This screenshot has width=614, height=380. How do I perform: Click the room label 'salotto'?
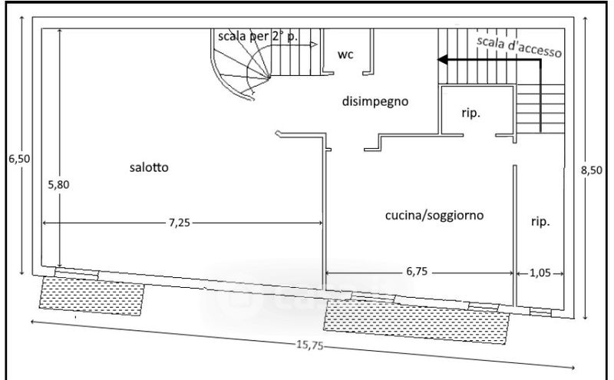149,167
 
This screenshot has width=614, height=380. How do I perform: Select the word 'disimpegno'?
374,101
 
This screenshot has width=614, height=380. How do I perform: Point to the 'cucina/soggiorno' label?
434,216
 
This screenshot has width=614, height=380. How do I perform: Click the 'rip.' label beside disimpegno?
470,113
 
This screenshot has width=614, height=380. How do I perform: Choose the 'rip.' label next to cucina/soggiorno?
540,222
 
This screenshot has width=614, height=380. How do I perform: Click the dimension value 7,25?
182,223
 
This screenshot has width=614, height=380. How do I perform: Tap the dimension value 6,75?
417,272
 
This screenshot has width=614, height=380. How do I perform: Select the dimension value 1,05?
540,272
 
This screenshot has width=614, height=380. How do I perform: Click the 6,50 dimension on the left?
18,159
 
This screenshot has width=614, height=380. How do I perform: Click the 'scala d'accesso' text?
519,47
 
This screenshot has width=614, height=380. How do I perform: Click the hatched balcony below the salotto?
92,296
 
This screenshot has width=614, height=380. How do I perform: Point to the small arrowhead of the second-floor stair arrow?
315,45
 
